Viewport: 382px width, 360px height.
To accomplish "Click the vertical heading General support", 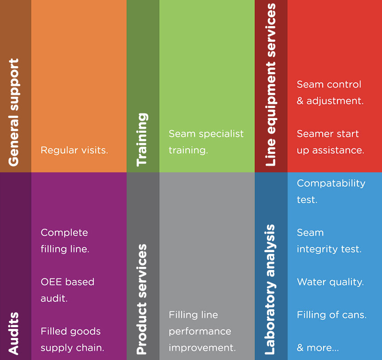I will tap(14, 112).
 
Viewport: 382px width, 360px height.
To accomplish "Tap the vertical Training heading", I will tap(142, 139).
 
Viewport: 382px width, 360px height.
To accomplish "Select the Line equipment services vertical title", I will tap(271, 85).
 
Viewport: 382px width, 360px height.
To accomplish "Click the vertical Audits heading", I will tap(14, 333).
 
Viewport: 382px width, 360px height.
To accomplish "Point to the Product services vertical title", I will tap(142, 299).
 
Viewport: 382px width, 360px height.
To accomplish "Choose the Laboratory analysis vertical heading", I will tap(271, 290).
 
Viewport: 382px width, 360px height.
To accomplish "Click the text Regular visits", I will tap(74, 150).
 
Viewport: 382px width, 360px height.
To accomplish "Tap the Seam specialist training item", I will tap(206, 142).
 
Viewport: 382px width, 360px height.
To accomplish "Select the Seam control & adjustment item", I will tap(330, 93).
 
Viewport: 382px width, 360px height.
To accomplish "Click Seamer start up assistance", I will tap(330, 142).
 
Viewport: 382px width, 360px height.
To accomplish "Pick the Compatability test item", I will tap(331, 191).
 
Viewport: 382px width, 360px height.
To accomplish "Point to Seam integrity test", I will tap(329, 241).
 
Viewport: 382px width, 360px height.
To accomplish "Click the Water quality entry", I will tap(330, 282).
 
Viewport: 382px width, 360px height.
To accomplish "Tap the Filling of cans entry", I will tap(332, 315).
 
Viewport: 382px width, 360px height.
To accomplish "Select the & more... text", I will tap(318, 348).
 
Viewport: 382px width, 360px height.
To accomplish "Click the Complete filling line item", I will tap(65, 241).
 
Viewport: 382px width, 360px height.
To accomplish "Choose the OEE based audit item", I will tap(67, 290).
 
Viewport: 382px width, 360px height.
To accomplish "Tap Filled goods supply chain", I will tap(72, 340).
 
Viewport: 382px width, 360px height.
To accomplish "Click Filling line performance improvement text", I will tap(202, 332).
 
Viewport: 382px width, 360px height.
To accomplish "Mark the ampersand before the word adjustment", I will tap(300, 101).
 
